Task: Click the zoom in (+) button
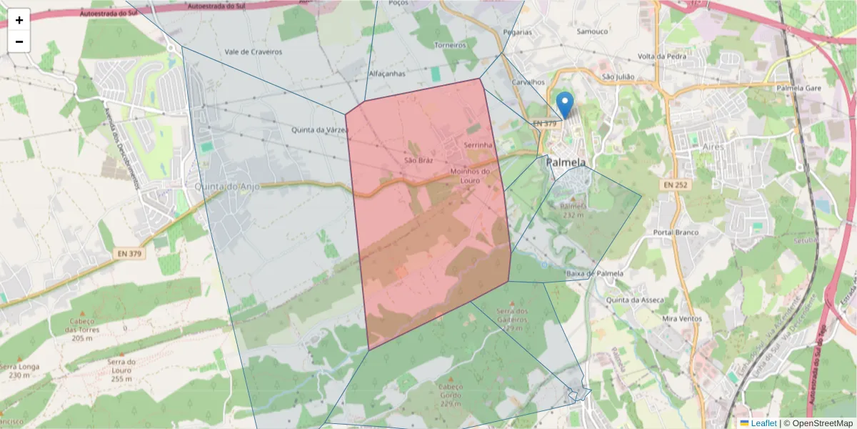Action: tap(19, 20)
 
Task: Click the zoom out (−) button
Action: tap(19, 41)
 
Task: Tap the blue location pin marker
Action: tap(565, 105)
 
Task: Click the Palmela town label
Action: tap(566, 162)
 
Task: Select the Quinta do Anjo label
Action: tap(226, 187)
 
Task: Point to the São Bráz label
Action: tap(419, 161)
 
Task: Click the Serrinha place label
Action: tap(478, 145)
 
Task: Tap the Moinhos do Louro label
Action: tap(470, 175)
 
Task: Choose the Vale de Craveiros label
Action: tap(253, 52)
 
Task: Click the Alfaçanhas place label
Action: tap(386, 74)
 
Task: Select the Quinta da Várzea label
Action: tap(320, 129)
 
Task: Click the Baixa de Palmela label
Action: tap(594, 274)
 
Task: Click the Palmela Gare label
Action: tap(799, 88)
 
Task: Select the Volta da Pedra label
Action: tap(662, 56)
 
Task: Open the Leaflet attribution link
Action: tap(763, 423)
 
